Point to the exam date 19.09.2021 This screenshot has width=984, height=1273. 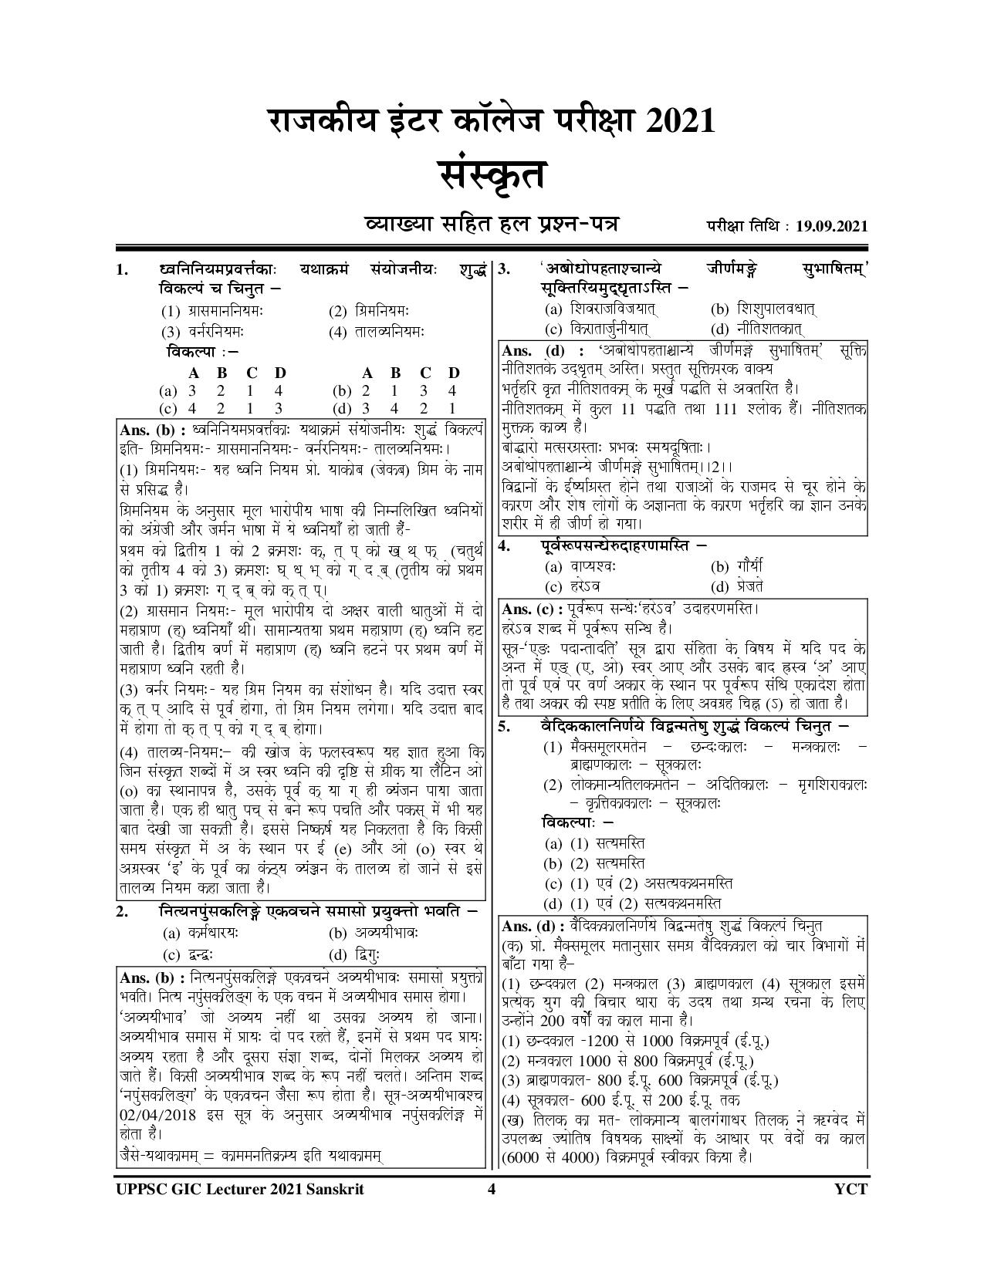coord(828,226)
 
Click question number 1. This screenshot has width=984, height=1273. coord(121,271)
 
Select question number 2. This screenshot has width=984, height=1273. coord(121,911)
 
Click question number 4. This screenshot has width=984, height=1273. coord(503,546)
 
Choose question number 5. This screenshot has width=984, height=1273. coord(503,727)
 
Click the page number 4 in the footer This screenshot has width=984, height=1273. coord(491,1189)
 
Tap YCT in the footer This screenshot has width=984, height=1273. coord(850,1189)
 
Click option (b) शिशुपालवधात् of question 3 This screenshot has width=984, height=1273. coord(764,309)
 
